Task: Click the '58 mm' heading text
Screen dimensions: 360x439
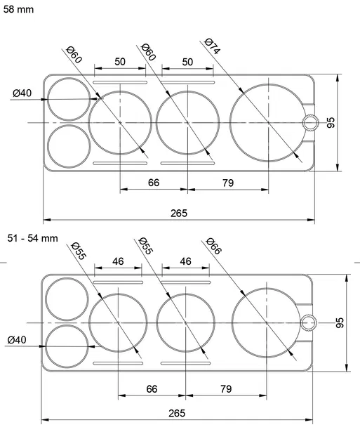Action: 18,9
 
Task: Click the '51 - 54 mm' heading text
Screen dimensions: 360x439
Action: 33,238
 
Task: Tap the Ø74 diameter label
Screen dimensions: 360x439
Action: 213,46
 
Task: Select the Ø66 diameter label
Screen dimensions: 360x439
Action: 213,246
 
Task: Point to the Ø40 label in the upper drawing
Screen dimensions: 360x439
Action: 22,93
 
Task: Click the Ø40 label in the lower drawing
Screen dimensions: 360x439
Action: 17,340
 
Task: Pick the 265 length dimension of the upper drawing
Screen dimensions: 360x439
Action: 179,214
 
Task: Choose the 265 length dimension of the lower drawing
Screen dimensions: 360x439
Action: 177,413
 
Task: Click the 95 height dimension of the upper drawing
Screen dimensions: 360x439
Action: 331,123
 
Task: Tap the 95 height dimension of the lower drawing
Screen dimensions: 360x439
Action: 339,323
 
